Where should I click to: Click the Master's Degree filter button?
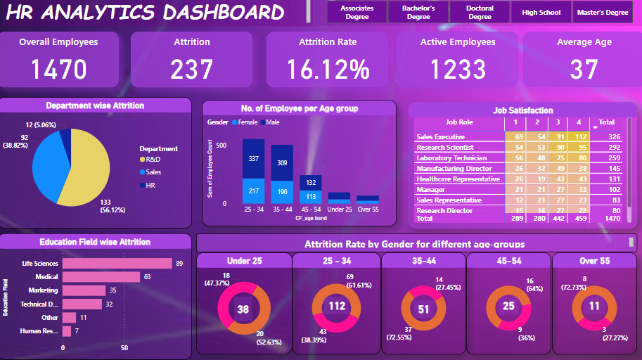click(x=602, y=13)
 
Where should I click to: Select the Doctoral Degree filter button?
click(x=480, y=13)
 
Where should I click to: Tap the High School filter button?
click(x=541, y=13)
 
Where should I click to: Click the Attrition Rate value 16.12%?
click(x=328, y=69)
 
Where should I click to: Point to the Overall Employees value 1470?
click(x=58, y=69)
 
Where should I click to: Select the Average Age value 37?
click(x=584, y=69)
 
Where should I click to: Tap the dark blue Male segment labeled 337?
click(x=254, y=158)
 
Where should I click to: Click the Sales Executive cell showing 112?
click(x=579, y=136)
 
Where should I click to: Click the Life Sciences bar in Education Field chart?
click(x=117, y=264)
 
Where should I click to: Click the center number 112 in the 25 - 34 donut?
click(x=336, y=306)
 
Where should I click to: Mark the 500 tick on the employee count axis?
click(x=221, y=146)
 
